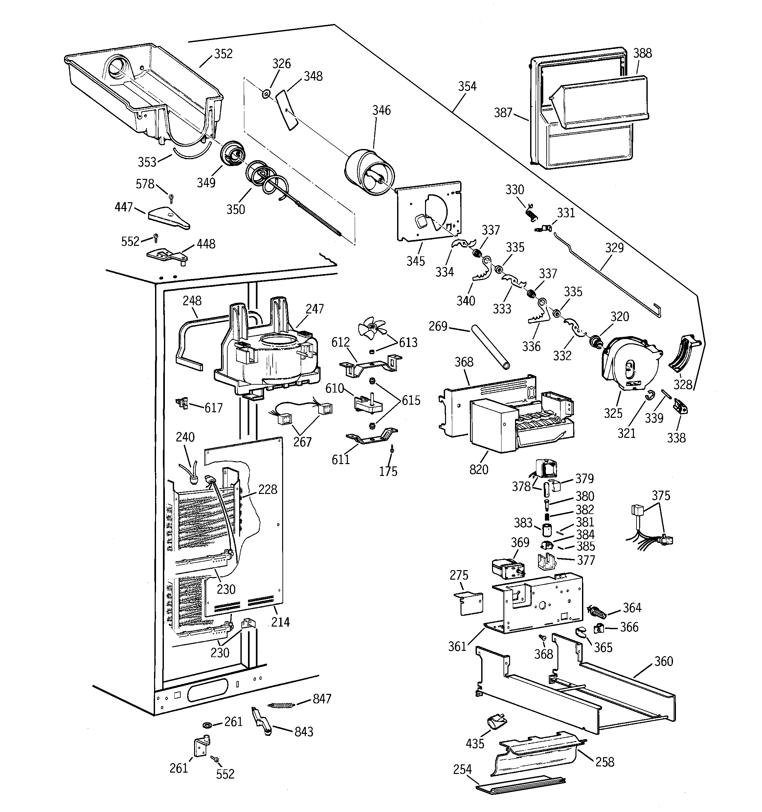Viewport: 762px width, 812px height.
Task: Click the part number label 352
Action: pos(223,54)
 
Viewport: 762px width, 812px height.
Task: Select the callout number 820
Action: pos(479,470)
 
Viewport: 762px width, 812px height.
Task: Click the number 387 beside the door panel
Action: pos(503,113)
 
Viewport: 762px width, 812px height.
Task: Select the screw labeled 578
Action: pos(171,197)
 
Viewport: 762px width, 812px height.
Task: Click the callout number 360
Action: pos(663,661)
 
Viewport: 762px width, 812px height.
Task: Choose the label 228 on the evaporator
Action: pos(268,489)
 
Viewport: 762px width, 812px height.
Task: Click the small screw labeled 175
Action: pos(392,448)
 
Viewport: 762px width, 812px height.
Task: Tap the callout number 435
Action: pos(475,743)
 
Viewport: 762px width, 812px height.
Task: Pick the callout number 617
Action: pos(213,408)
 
